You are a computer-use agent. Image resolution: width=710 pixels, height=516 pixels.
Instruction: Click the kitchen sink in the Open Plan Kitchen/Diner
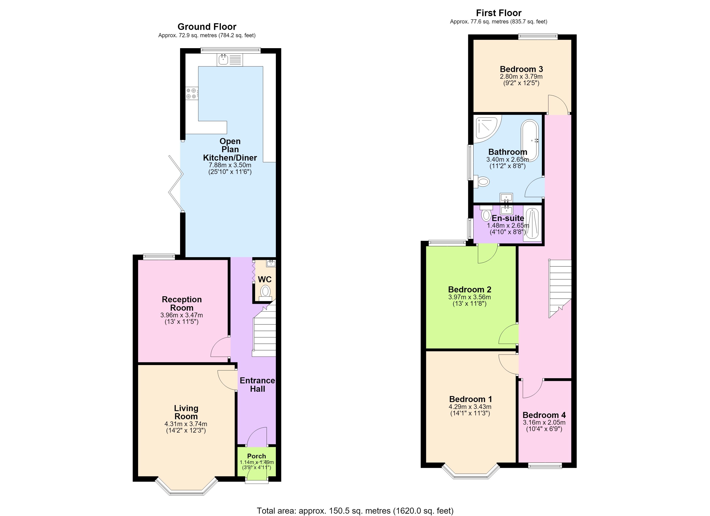tap(230, 60)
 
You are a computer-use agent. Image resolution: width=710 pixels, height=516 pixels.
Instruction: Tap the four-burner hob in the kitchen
tap(191, 93)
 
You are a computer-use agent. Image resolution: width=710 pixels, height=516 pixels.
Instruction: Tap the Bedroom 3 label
tap(521, 69)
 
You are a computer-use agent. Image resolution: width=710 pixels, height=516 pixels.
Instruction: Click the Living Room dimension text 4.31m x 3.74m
tap(186, 424)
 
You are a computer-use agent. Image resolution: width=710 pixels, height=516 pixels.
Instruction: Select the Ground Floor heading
tap(207, 27)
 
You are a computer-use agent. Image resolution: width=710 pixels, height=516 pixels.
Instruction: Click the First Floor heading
tap(499, 13)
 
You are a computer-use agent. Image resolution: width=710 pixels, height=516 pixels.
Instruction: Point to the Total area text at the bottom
tap(355, 511)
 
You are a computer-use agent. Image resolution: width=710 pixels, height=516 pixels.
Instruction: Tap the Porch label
tap(256, 456)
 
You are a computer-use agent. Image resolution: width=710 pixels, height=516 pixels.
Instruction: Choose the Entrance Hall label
tap(257, 385)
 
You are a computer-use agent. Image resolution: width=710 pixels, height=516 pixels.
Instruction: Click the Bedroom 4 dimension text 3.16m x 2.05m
tap(544, 422)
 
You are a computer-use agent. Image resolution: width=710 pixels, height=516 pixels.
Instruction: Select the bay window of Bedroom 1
tap(471, 471)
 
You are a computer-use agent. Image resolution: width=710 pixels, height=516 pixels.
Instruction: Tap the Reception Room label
tap(182, 304)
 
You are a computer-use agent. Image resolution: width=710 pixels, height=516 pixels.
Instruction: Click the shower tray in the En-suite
tap(532, 224)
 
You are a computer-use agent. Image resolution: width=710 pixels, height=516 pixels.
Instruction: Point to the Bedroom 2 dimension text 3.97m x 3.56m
tap(470, 297)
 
